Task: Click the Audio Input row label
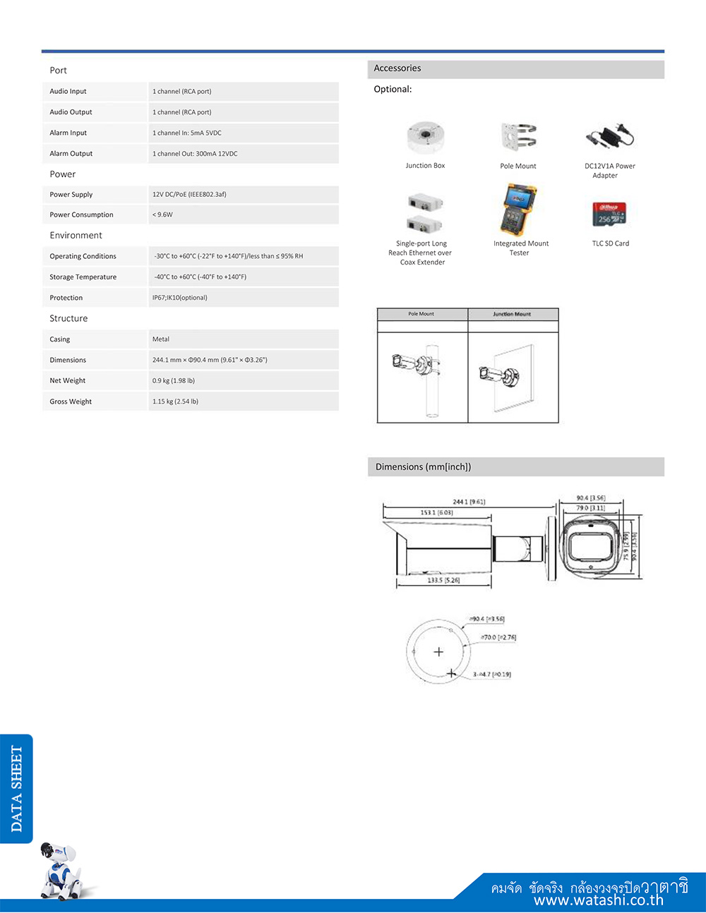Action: coord(68,91)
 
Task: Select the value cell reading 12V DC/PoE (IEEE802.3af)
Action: coord(189,194)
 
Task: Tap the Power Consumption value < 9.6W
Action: coord(162,214)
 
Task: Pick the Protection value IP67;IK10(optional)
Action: coord(180,298)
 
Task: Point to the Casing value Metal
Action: coord(161,339)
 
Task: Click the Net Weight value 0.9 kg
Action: coord(174,381)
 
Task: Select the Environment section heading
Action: coord(76,236)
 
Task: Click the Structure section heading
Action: coord(68,319)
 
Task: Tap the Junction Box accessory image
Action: coord(425,138)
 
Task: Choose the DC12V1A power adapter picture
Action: coord(609,137)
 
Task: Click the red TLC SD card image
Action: coord(609,214)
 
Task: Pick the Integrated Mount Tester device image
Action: coord(520,210)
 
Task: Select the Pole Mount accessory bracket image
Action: coord(518,138)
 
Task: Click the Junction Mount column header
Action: coord(512,314)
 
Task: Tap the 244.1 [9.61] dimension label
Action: coord(469,502)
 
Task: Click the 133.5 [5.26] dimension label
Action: coord(443,580)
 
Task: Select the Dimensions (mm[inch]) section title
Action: coord(423,467)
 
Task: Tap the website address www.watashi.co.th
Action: coord(598,901)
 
